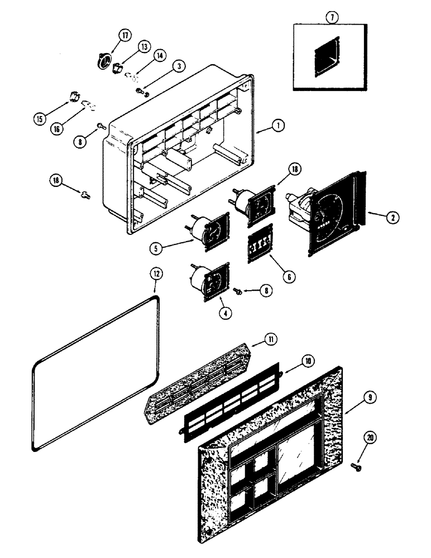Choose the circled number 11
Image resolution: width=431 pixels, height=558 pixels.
271,339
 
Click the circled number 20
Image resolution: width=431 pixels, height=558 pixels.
368,439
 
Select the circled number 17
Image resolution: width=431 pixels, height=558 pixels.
124,35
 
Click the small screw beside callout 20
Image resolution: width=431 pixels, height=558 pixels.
356,465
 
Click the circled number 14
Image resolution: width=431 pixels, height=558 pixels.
160,56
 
